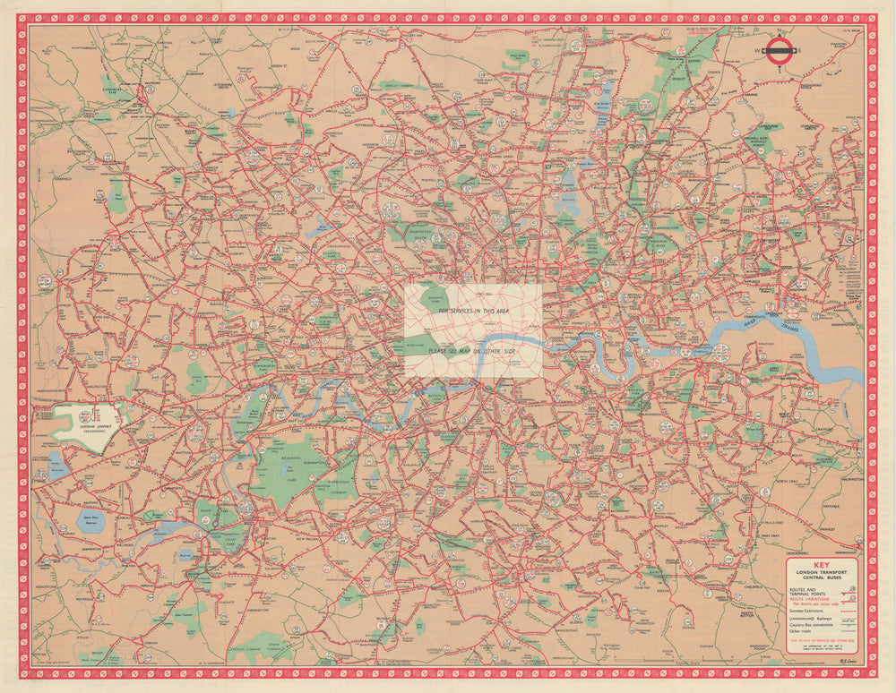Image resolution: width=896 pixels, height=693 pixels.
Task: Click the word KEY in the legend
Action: click(x=822, y=565)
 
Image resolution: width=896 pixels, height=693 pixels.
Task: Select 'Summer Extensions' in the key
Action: click(x=806, y=611)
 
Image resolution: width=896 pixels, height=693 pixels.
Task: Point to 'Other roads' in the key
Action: click(x=800, y=631)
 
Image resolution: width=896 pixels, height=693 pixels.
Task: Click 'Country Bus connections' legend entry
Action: click(x=811, y=625)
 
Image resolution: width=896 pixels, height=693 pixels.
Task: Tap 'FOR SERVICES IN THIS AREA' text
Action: click(x=473, y=311)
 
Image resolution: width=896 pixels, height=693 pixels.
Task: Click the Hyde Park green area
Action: click(x=415, y=346)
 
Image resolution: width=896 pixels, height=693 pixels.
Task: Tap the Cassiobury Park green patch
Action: click(x=111, y=89)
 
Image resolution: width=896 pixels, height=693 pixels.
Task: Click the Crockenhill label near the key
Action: click(x=797, y=553)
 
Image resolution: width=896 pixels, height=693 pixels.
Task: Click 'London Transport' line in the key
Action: click(x=822, y=572)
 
